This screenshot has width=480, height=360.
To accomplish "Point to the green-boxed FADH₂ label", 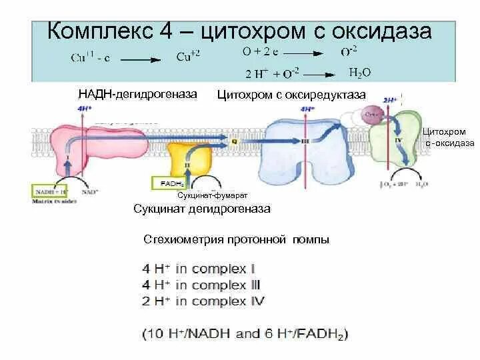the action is coord(172,183).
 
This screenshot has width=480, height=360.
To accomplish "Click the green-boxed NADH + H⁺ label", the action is coord(51,193).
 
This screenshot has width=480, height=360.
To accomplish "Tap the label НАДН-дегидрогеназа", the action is coord(137,95).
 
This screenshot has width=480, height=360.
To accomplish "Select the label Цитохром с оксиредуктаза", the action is coord(292,95).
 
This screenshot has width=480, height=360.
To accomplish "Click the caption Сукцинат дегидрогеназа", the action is coord(201,209).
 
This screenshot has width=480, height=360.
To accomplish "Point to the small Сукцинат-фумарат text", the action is coord(212,195).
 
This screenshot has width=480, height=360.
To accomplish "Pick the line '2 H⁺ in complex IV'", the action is coord(203,301).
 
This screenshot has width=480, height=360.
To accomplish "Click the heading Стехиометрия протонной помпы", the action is coord(237,239).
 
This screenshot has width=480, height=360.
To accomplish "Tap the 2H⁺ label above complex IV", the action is coord(390,100).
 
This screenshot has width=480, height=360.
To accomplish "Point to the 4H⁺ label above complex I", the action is coord(84,108).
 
